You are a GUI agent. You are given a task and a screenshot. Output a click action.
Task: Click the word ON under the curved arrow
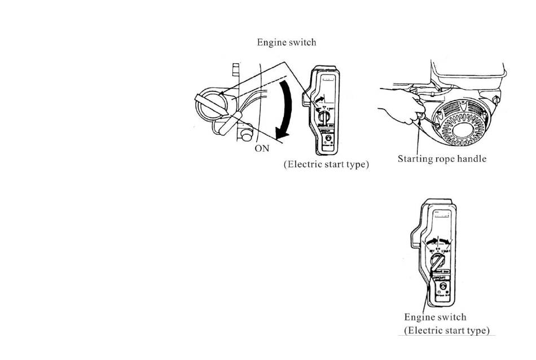point(262,150)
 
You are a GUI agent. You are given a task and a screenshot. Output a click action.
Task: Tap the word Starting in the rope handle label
point(416,159)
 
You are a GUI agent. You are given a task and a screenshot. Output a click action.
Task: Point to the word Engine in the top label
point(272,42)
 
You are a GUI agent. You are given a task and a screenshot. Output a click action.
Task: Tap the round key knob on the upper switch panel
point(324,116)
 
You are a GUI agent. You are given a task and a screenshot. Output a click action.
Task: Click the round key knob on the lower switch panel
point(437,261)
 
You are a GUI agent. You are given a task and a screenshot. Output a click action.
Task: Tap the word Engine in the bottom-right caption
point(420,318)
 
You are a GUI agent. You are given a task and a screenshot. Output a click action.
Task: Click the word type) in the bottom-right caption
point(476,330)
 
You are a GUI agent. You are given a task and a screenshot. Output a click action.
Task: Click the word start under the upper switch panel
point(333,166)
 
